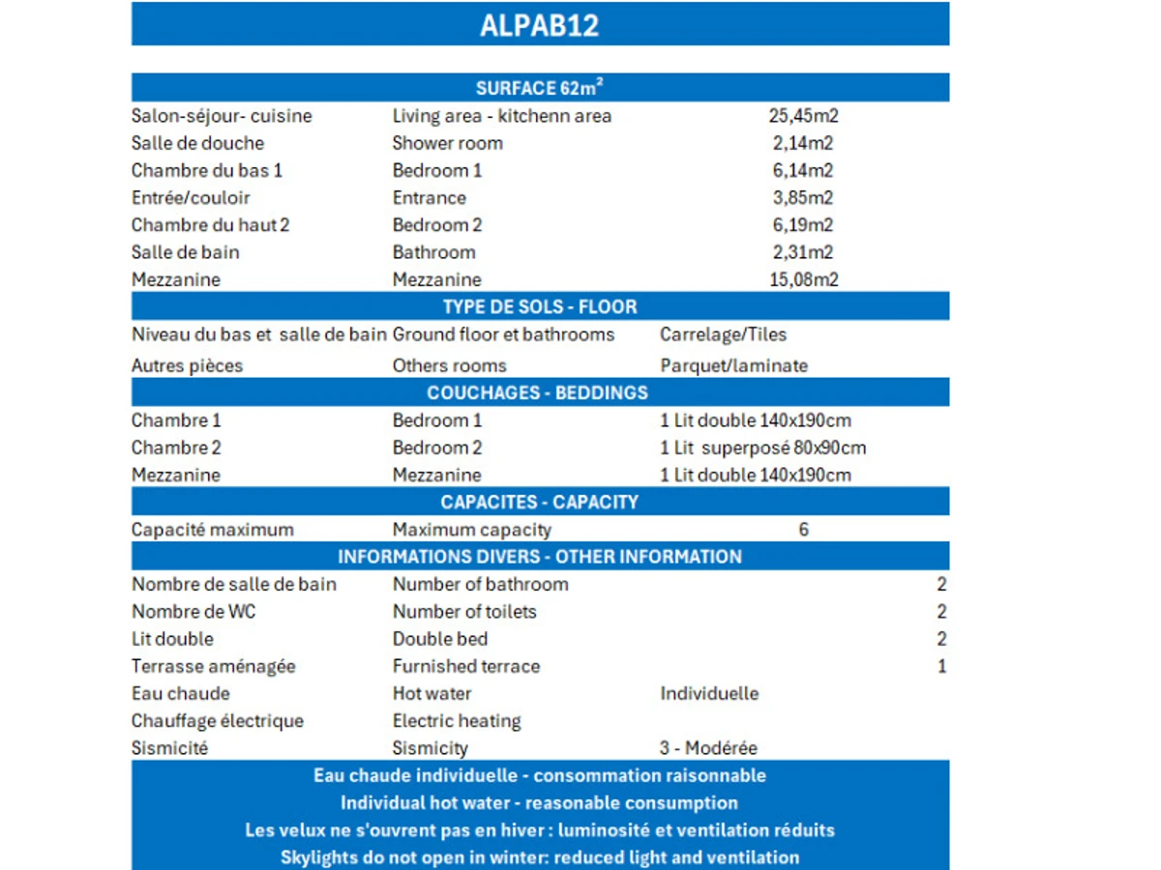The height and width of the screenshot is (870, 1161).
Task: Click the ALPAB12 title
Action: tap(540, 25)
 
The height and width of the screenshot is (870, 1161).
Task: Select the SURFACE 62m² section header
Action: tap(540, 88)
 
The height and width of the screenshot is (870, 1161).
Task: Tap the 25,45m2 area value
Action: tap(803, 116)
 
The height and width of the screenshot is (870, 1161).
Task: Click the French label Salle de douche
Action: tap(197, 143)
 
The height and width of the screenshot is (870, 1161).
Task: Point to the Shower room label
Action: tap(447, 143)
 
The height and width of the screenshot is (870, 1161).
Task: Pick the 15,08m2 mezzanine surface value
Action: tap(803, 280)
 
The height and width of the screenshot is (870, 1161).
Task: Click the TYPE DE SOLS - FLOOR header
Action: tap(540, 307)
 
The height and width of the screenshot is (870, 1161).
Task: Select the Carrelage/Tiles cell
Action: tap(723, 334)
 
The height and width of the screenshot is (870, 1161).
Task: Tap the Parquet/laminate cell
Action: tap(733, 365)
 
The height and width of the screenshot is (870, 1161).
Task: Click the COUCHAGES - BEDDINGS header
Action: tap(537, 392)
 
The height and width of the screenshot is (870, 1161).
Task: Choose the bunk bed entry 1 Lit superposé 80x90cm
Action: tap(763, 448)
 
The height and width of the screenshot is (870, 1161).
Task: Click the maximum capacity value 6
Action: tap(803, 530)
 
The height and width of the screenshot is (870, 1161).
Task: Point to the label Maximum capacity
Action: tap(471, 530)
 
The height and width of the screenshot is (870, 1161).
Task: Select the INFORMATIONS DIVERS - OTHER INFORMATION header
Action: tap(540, 557)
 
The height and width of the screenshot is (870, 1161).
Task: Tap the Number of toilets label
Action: tap(464, 612)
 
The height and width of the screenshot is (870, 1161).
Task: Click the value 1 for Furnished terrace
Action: tap(941, 666)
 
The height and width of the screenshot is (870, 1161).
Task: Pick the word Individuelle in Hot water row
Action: tap(709, 693)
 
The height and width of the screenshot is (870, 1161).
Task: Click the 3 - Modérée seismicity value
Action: tap(708, 748)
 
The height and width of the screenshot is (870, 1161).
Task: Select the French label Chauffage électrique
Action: tap(218, 721)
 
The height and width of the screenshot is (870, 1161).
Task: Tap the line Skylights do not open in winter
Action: tap(540, 857)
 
